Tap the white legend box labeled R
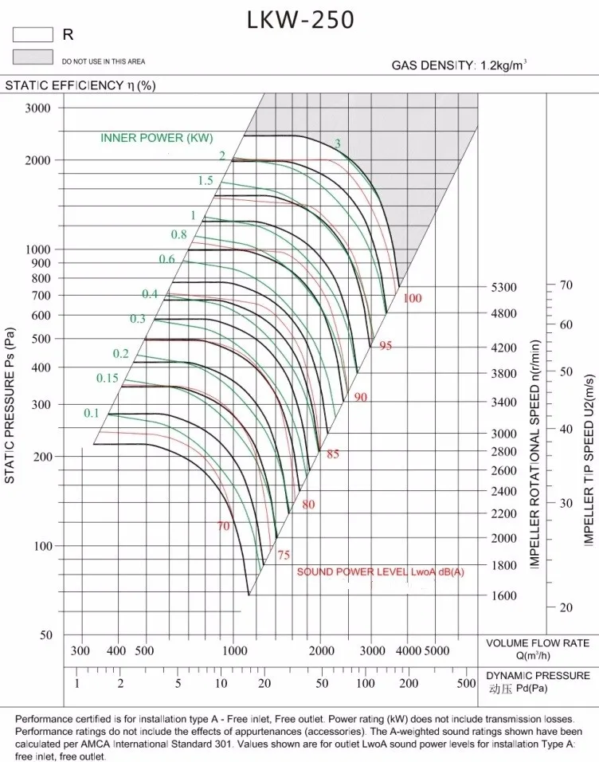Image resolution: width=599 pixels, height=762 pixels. coord(32,34)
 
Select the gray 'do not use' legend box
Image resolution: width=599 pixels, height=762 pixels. coord(32,57)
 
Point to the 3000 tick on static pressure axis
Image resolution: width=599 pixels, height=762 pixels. coord(37,108)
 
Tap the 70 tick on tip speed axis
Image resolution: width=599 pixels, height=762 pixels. coord(566,285)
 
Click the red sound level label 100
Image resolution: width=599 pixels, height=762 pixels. coord(412,298)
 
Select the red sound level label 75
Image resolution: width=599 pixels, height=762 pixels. coord(283,556)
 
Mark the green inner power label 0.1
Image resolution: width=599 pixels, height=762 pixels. coord(92,413)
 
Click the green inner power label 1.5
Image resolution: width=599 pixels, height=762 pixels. coord(206,181)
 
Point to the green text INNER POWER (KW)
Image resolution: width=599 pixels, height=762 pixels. coord(157,138)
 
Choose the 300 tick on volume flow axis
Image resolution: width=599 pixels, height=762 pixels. coord(80,651)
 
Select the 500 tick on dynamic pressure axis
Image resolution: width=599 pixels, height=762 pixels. coord(467,684)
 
